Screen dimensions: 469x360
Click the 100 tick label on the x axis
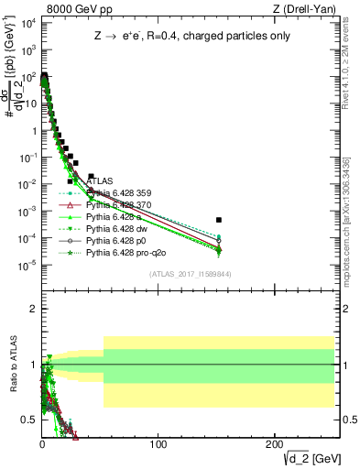pyautogui.click(x=158, y=444)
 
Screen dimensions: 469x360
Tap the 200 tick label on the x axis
pyautogui.click(x=274, y=444)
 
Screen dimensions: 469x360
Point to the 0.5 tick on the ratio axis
pyautogui.click(x=29, y=420)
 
